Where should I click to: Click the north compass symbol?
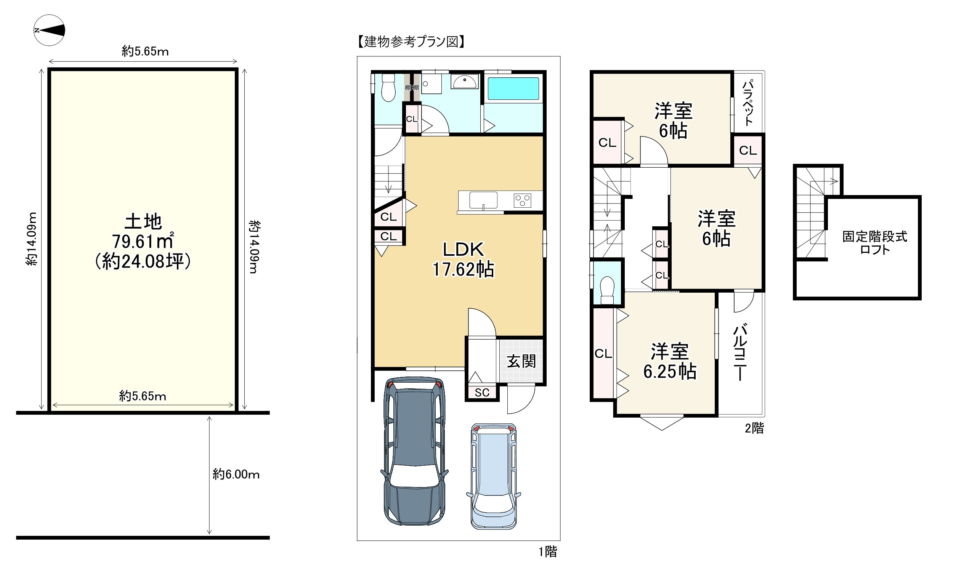point(49,30)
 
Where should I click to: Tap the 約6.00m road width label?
point(236,475)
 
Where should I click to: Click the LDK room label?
point(464,250)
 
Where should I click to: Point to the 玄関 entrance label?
point(521,361)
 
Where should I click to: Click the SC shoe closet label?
point(482,392)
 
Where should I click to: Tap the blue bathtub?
point(513,88)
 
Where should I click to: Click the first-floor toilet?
point(388,88)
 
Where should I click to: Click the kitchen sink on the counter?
point(483,200)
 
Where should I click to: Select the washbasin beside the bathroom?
point(464,82)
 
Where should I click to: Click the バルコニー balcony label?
point(740,353)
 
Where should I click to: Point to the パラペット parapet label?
point(748,103)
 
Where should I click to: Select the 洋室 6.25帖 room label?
point(670,361)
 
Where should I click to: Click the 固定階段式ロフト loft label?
point(875,243)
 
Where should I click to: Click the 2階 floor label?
point(754,428)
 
